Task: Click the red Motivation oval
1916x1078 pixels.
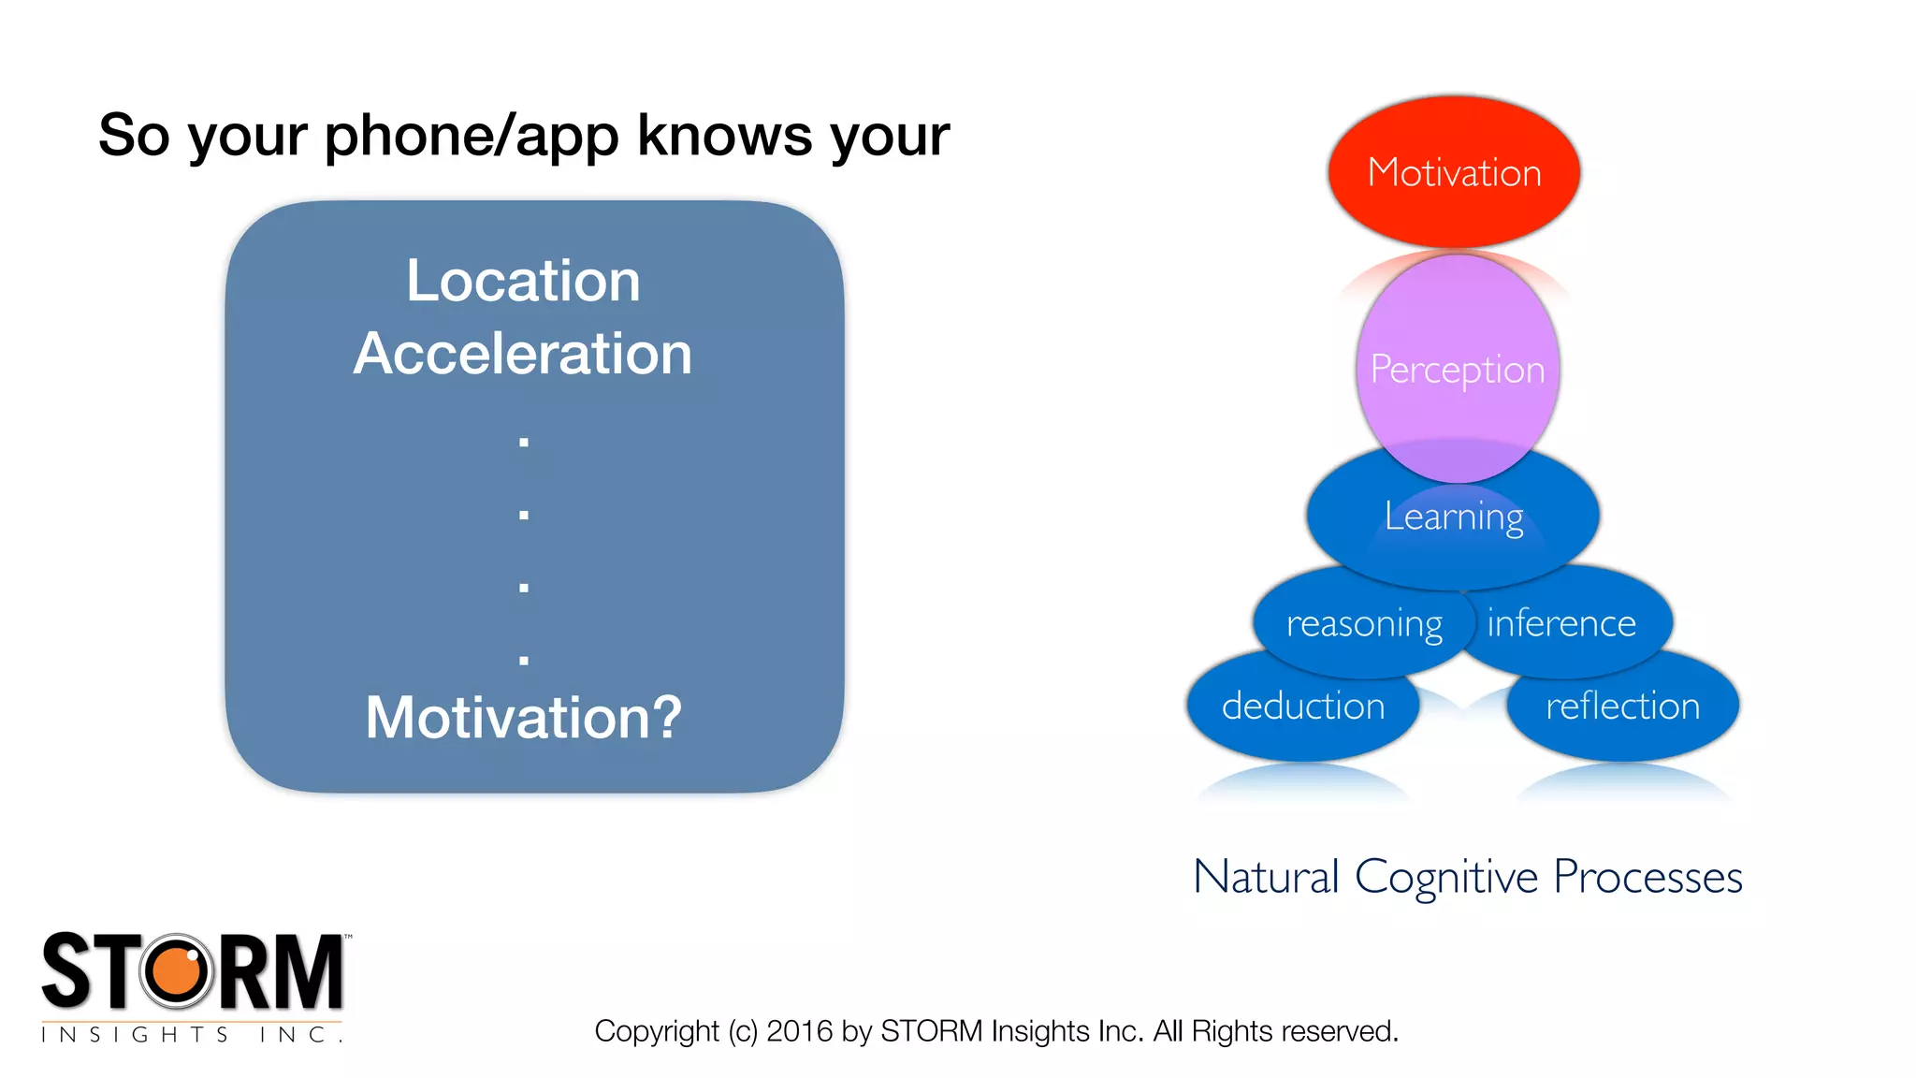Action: [1454, 172]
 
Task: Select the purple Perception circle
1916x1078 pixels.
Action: [1457, 369]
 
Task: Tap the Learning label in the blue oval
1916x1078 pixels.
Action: [1454, 517]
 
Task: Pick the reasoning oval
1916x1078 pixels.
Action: [1363, 623]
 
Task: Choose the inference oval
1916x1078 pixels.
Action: [1561, 623]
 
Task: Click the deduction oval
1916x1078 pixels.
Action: [1302, 706]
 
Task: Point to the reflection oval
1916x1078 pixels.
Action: [1622, 706]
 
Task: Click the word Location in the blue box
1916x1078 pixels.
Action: [523, 280]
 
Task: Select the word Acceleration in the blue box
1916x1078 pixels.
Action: [523, 354]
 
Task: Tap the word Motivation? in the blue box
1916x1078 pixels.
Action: [523, 718]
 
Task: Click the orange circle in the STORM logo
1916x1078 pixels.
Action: [177, 970]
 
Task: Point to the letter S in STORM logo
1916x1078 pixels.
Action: [67, 971]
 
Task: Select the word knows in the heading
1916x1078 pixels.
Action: [725, 136]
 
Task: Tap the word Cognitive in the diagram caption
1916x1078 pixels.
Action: [1445, 878]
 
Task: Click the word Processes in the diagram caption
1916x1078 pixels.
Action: [1647, 878]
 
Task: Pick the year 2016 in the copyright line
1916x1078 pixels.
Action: [799, 1031]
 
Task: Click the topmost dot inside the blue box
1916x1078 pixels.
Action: [524, 442]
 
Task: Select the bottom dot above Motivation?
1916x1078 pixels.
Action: [524, 660]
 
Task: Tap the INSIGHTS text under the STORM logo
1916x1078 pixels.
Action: [135, 1034]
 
